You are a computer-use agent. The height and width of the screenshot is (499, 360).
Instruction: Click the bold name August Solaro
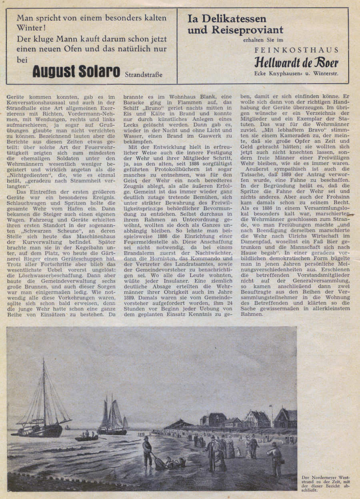pyautogui.click(x=76, y=71)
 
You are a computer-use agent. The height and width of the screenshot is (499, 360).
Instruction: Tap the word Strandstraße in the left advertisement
pyautogui.click(x=144, y=74)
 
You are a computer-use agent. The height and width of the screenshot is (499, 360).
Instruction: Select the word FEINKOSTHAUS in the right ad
pyautogui.click(x=296, y=50)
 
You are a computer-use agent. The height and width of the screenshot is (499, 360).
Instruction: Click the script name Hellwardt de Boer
pyautogui.click(x=296, y=62)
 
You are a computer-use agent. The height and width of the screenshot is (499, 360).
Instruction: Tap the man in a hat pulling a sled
pyautogui.click(x=148, y=451)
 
